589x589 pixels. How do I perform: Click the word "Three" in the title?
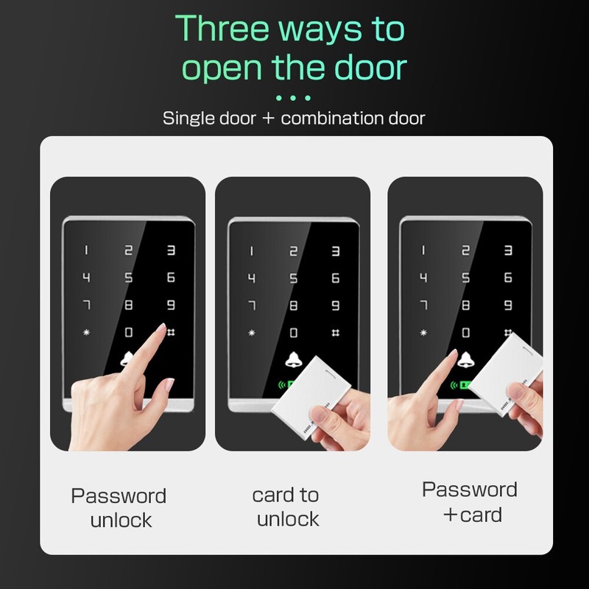click(222, 29)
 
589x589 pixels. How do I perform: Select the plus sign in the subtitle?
click(268, 119)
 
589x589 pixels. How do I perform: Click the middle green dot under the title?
click(293, 98)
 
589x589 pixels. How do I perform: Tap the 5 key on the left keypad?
click(128, 278)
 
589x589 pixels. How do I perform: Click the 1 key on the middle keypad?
click(251, 251)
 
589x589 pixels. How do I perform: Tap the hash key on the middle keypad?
click(336, 333)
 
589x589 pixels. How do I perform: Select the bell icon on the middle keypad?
click(293, 360)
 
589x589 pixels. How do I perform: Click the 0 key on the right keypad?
click(466, 333)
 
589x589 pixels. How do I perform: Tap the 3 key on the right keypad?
click(508, 250)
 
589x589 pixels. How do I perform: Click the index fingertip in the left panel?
click(162, 327)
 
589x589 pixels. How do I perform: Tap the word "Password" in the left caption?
click(119, 495)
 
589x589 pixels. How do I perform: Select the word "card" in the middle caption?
click(273, 495)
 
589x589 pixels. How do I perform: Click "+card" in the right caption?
click(473, 515)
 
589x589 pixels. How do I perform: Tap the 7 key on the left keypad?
click(86, 305)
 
